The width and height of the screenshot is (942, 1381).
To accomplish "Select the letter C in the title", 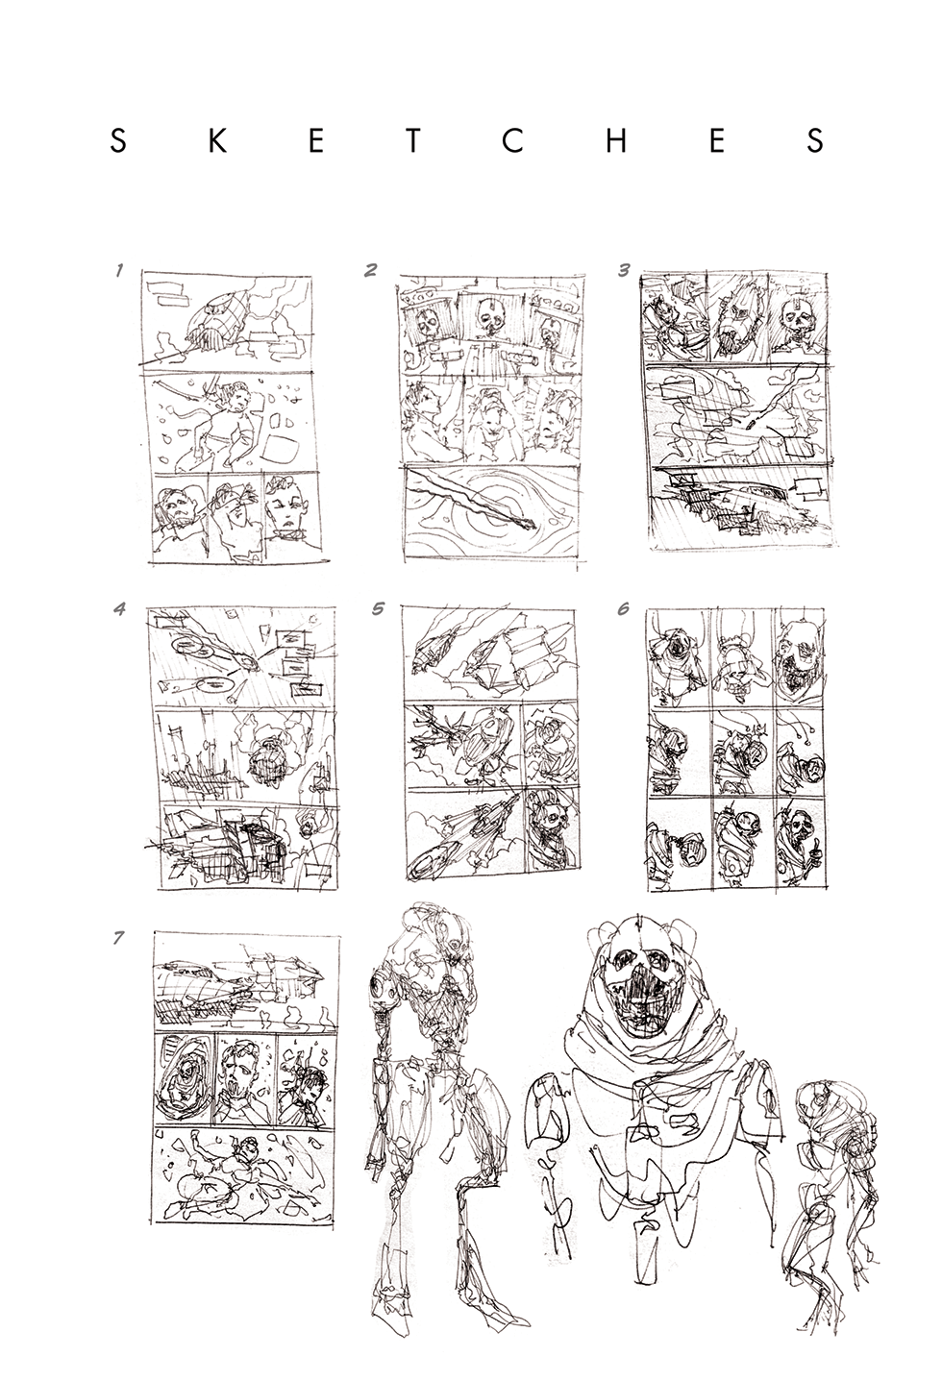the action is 513,141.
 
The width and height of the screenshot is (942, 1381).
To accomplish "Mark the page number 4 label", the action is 119,608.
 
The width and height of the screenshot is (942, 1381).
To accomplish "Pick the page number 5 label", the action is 379,608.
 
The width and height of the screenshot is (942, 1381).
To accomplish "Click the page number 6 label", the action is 623,608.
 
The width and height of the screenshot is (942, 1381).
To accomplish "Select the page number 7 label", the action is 118,938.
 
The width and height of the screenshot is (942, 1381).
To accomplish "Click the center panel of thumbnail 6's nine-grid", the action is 741,751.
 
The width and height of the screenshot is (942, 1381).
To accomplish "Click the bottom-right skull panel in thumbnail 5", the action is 551,829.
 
